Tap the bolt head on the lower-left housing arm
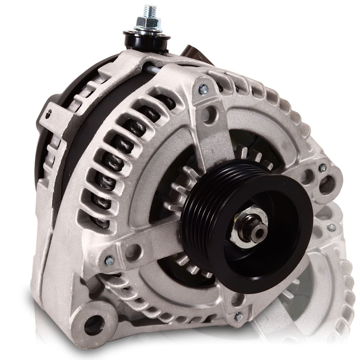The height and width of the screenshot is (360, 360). (x=108, y=260)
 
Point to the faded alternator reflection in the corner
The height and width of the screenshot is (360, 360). (x=324, y=279)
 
